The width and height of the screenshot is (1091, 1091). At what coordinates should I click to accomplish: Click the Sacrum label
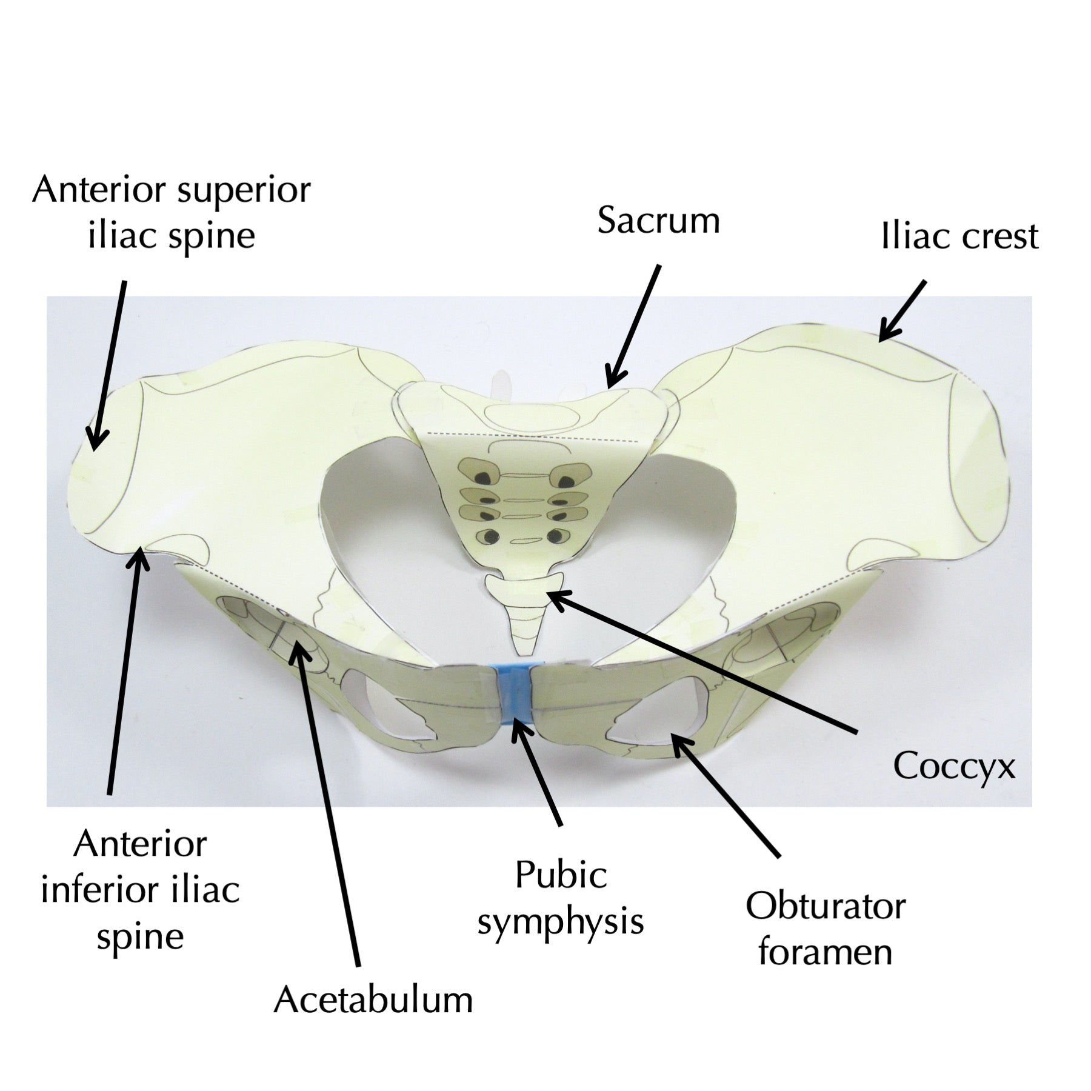659,220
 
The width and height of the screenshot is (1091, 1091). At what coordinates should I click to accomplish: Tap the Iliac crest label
959,236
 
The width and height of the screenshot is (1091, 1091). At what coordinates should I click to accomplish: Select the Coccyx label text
954,767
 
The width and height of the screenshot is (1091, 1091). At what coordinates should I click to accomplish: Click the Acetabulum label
373,999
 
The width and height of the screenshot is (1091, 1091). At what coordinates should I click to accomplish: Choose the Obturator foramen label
825,929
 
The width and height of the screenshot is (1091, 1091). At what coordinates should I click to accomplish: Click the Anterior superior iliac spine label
172,212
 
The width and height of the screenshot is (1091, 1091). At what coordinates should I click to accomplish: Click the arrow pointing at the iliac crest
902,310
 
